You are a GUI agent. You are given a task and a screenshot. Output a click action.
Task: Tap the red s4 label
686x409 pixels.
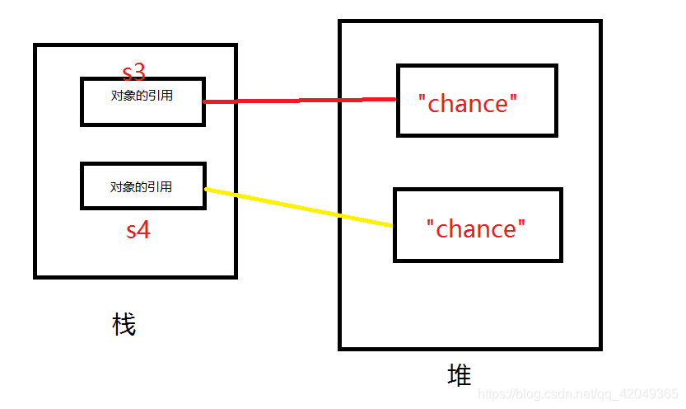[138, 229]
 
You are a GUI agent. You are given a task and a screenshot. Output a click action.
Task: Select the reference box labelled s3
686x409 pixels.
[142, 101]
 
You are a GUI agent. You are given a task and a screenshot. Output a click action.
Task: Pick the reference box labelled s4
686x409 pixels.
[142, 186]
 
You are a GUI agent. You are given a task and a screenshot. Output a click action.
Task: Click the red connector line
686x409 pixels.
[300, 101]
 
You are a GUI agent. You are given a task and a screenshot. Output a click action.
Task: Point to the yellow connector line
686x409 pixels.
[296, 207]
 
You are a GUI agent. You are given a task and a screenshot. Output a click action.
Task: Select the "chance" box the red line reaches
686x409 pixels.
[477, 100]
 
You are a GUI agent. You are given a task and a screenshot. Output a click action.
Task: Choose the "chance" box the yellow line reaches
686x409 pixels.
[478, 225]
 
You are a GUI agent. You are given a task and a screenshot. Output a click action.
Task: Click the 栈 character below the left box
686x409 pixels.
[124, 325]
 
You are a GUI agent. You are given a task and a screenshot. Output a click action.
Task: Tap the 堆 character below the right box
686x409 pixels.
[460, 376]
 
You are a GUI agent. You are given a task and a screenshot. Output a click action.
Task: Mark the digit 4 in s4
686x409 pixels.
[144, 229]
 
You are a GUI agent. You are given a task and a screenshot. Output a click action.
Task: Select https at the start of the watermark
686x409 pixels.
[492, 395]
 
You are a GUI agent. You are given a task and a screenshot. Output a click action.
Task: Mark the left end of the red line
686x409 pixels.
[205, 102]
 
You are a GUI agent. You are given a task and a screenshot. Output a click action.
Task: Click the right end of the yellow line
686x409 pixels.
[391, 225]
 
